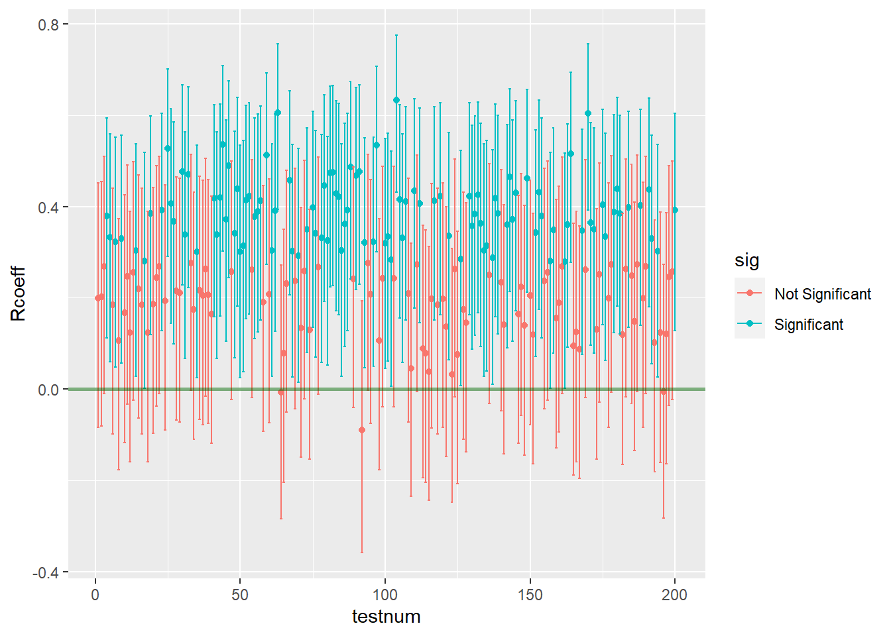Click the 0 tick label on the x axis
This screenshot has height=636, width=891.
point(95,594)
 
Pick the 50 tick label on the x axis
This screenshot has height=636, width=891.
point(240,594)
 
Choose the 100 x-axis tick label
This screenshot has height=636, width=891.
point(385,594)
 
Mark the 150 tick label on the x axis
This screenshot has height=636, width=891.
point(530,594)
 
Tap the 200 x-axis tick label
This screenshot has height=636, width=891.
point(675,594)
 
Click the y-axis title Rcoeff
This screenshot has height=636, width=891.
point(19,293)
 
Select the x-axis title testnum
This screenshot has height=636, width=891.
point(386,617)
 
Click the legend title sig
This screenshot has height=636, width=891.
point(746,260)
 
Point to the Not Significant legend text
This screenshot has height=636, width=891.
point(823,294)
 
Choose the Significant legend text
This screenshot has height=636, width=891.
point(809,325)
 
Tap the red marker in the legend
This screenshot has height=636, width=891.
point(750,293)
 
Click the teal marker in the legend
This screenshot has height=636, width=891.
point(750,324)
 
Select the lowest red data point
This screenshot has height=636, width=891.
point(362,430)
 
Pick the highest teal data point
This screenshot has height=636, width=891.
point(396,100)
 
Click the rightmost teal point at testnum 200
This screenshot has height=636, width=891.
point(675,210)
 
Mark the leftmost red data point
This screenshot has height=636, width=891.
point(98,298)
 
